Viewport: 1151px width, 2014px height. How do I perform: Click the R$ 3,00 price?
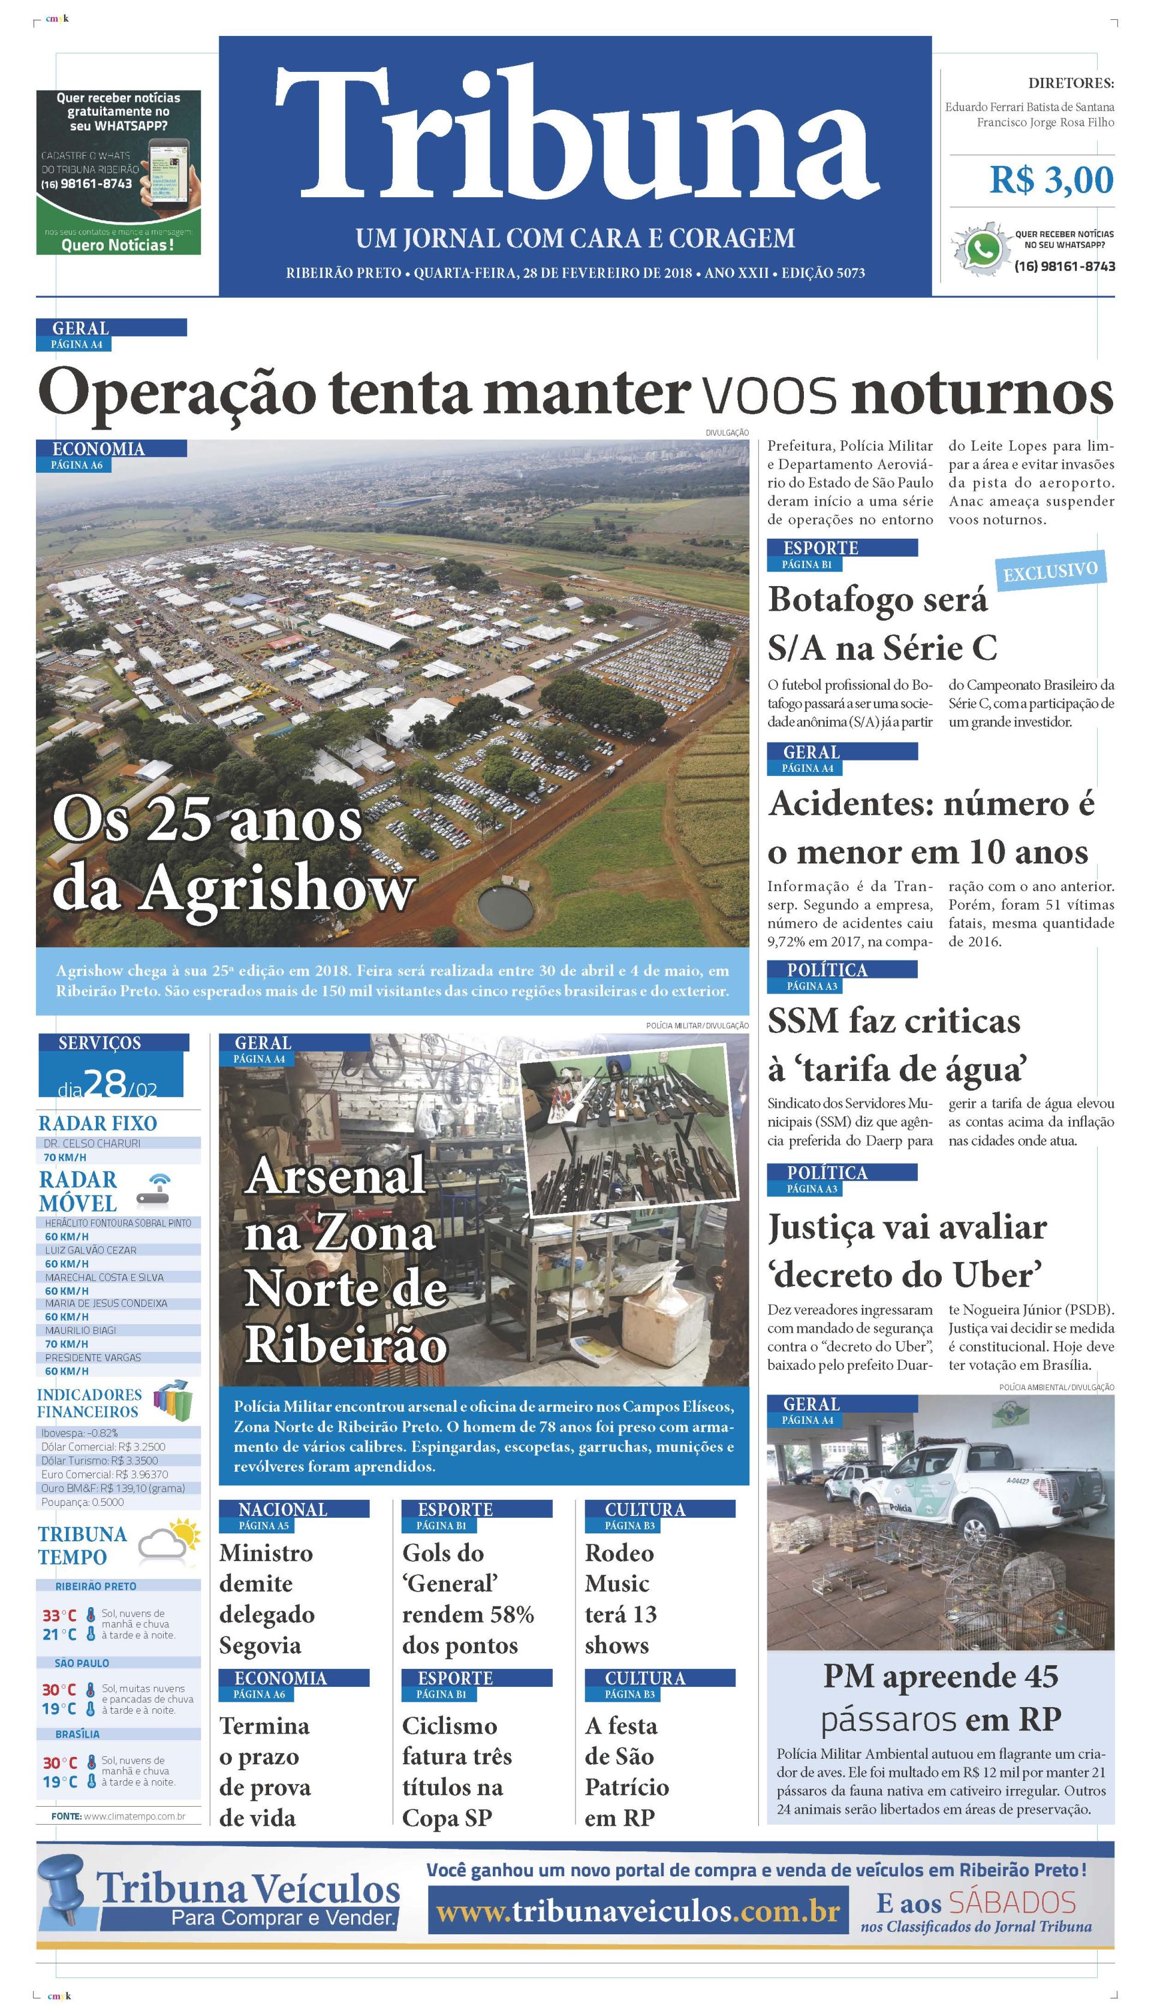[1051, 180]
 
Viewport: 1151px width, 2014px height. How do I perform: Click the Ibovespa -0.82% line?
[80, 1433]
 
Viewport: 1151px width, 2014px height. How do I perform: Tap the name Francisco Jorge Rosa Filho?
[1045, 122]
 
